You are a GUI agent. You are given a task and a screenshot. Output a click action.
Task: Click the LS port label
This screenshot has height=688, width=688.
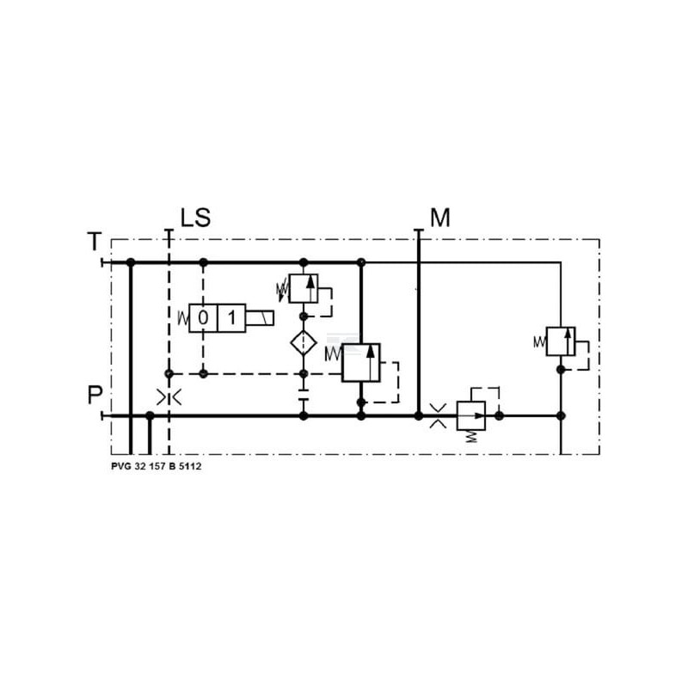(x=196, y=218)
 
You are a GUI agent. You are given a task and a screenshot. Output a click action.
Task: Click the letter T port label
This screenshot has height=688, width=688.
(x=95, y=242)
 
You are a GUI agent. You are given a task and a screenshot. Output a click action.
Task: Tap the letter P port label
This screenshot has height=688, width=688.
(x=95, y=395)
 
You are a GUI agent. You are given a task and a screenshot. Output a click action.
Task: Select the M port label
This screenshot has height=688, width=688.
(x=440, y=218)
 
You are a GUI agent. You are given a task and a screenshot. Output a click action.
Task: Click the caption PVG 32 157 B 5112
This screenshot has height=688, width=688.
(x=157, y=466)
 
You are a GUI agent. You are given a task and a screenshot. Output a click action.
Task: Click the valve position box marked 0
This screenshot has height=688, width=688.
(x=203, y=317)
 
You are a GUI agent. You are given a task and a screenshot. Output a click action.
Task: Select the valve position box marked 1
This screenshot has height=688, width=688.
(x=231, y=317)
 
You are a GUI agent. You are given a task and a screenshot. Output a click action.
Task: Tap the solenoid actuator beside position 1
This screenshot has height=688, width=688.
(x=260, y=317)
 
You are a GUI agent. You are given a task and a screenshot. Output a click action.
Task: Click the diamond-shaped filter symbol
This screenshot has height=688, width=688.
(x=304, y=342)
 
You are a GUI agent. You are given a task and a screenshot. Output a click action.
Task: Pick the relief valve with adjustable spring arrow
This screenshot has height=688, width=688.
(x=304, y=289)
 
